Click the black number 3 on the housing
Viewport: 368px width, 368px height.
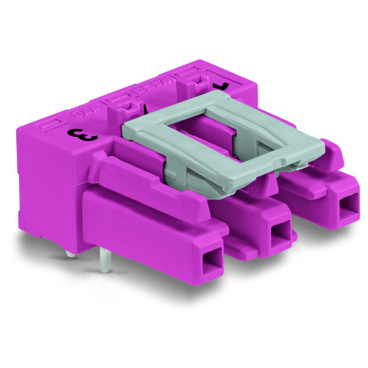pos(74,133)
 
